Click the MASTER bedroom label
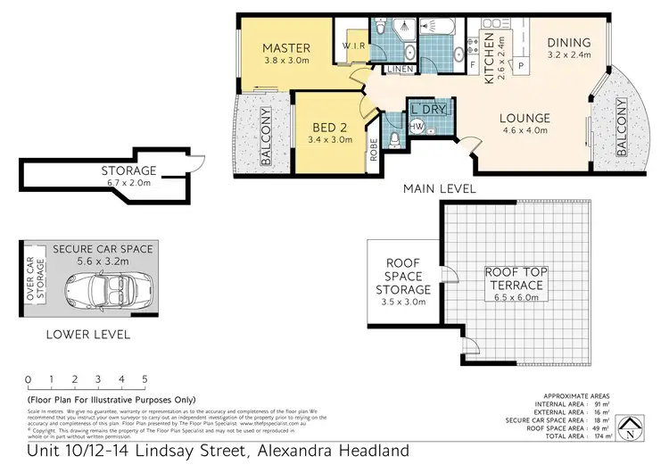point(286,47)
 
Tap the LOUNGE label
point(524,118)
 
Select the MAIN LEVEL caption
point(439,188)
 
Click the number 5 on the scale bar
point(145,379)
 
